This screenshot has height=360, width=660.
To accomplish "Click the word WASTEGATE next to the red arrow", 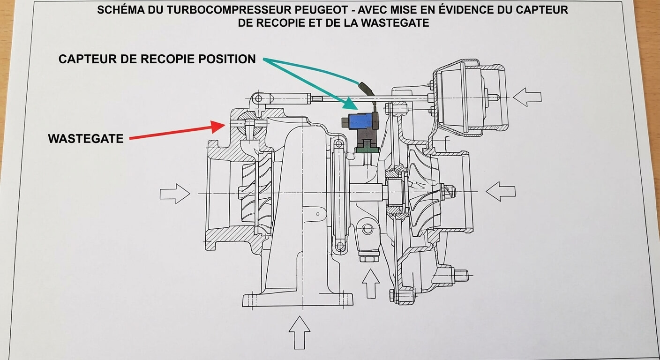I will pyautogui.click(x=86, y=139).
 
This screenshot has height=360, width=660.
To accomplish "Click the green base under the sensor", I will pyautogui.click(x=367, y=150).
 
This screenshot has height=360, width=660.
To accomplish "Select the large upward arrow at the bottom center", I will pyautogui.click(x=299, y=331).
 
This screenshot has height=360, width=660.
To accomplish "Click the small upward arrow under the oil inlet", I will pyautogui.click(x=370, y=283).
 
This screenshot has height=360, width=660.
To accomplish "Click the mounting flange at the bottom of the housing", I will pyautogui.click(x=298, y=300).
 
